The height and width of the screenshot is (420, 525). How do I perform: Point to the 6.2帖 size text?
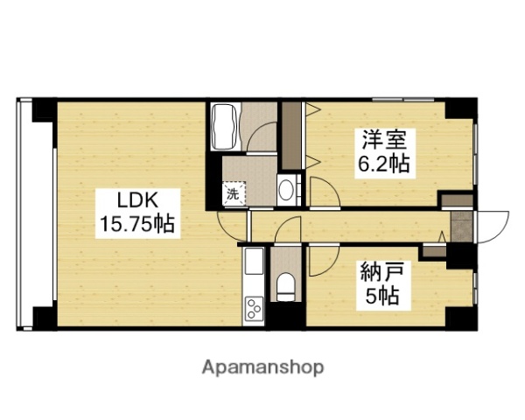pyautogui.click(x=382, y=163)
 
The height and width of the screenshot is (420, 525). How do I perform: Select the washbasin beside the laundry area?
pyautogui.click(x=285, y=187)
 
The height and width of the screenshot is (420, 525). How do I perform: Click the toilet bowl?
pyautogui.click(x=283, y=284)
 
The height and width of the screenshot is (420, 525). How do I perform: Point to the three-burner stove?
pyautogui.click(x=255, y=308)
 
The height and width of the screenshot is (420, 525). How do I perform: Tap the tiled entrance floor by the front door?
pyautogui.click(x=459, y=225)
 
